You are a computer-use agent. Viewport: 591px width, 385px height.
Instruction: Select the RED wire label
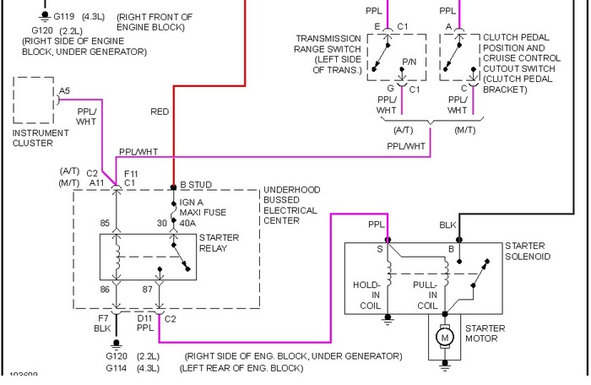click(x=160, y=111)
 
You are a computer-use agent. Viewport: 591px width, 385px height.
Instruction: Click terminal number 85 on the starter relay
click(x=106, y=223)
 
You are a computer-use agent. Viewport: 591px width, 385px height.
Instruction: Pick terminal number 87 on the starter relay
click(x=149, y=289)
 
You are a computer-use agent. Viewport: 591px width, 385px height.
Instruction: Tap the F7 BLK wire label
click(x=102, y=324)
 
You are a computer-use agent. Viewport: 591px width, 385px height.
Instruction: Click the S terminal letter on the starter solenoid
click(x=378, y=249)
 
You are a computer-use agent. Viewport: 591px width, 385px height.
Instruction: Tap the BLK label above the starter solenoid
click(x=448, y=225)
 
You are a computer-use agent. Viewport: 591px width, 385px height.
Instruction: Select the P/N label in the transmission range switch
click(x=410, y=62)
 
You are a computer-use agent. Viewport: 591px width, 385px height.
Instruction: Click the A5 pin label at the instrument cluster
click(x=65, y=90)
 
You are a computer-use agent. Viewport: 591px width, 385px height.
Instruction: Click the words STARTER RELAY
click(x=219, y=243)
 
